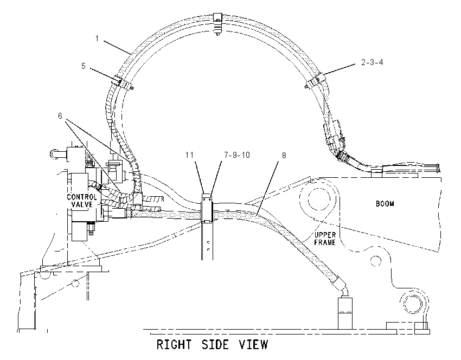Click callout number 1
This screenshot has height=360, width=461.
[x=97, y=38]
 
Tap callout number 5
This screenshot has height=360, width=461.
[x=84, y=66]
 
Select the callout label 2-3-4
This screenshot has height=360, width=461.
[x=372, y=62]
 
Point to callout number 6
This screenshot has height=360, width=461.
[x=60, y=116]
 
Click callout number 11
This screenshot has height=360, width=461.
[x=190, y=155]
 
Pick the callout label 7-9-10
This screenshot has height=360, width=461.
[x=237, y=155]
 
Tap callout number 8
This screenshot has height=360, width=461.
[x=284, y=156]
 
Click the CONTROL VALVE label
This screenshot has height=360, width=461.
[x=82, y=201]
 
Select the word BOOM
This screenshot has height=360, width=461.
[x=385, y=204]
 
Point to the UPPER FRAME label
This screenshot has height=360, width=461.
[x=325, y=239]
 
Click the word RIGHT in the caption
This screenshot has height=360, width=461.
[x=174, y=344]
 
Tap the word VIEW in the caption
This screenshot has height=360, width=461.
[x=253, y=344]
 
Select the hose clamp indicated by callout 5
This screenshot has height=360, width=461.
[x=124, y=83]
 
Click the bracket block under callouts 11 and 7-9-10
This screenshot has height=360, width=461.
[x=207, y=208]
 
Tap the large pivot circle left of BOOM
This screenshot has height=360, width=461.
[x=319, y=199]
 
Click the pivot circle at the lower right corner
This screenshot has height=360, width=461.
[x=414, y=303]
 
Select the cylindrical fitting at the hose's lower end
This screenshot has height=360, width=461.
[x=345, y=313]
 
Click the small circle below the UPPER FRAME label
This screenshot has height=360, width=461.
[x=375, y=260]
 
